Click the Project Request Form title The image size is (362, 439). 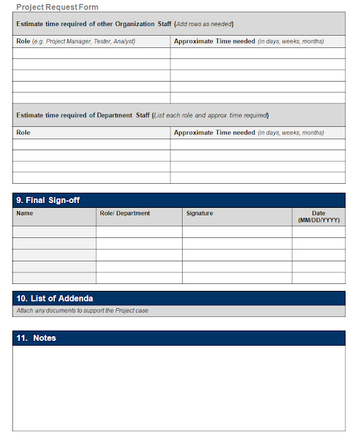[57, 7]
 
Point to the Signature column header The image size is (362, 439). [200, 213]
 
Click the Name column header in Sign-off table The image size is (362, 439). [25, 213]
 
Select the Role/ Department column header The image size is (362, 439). [125, 213]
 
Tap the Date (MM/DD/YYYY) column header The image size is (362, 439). [319, 217]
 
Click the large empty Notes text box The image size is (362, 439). [179, 388]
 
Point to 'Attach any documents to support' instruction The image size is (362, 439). [82, 311]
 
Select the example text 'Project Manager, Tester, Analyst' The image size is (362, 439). [90, 41]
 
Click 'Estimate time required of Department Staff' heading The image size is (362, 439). [82, 115]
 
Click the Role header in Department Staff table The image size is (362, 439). [23, 132]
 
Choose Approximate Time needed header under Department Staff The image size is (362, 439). [214, 132]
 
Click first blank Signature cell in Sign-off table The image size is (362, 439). [237, 232]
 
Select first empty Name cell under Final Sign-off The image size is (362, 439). [54, 232]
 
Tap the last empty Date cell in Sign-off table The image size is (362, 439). [319, 278]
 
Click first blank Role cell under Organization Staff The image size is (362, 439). [91, 53]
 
